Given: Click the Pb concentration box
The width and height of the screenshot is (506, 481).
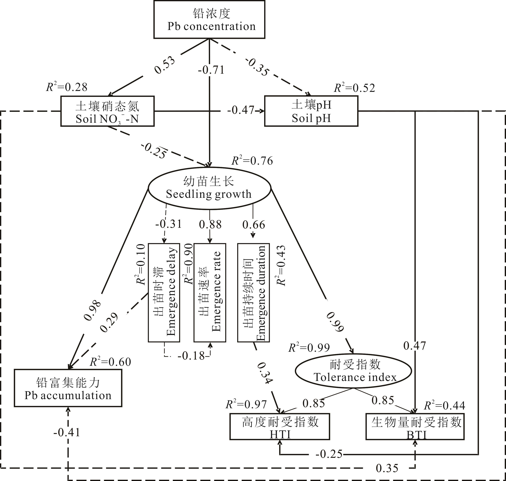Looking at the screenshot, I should coord(209,19).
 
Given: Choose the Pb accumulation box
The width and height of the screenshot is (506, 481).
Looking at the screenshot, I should coord(68,388).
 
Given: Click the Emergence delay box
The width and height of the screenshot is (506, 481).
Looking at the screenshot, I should coord(164,292).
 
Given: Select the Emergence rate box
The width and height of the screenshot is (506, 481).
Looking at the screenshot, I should coord(210,292).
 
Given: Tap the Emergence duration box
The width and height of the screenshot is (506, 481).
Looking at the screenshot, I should coord(253,292).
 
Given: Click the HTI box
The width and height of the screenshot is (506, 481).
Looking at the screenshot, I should coord(280,427).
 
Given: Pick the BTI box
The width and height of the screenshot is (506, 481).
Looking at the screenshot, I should coord(415,427).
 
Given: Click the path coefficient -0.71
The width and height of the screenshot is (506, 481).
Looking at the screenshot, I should coord(211,70).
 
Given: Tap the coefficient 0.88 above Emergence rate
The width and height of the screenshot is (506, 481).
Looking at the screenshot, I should coord(210,224).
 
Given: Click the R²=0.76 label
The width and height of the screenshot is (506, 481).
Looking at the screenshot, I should coord(252,161).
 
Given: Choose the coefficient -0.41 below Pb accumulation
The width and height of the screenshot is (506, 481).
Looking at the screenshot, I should coord(67,432).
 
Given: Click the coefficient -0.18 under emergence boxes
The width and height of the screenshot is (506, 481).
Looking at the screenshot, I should coord(191,356).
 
